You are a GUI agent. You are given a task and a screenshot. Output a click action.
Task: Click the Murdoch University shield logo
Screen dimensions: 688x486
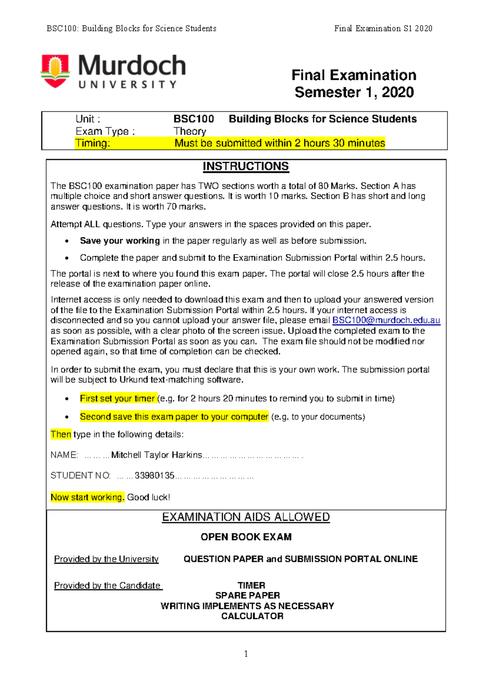coord(55,71)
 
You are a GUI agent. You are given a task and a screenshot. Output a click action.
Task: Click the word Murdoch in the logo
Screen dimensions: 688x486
coord(132,66)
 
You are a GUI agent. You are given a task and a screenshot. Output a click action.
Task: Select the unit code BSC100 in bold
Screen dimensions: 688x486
coord(194,119)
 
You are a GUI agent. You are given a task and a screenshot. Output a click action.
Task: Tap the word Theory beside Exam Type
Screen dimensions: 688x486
coord(190,131)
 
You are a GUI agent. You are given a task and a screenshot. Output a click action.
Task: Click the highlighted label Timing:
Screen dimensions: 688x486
coord(92,143)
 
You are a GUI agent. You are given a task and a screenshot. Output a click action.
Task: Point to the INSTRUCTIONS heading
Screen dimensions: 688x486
coord(245,167)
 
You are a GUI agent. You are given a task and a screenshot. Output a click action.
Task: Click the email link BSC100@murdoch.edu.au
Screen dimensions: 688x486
coord(386,320)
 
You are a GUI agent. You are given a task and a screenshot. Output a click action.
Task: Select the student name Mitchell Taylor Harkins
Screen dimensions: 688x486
coord(156,455)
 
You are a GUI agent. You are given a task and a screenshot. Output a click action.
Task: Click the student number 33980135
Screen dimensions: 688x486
coord(154,475)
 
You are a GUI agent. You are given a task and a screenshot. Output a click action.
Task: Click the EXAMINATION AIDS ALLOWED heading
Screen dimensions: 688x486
coord(246,517)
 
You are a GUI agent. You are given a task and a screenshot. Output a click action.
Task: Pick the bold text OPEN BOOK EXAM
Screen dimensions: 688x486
coord(246,537)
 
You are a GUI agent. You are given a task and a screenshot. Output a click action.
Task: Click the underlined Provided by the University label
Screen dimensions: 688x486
coord(107,559)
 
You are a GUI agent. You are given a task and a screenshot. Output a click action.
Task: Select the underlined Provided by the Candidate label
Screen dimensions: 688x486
coord(108,585)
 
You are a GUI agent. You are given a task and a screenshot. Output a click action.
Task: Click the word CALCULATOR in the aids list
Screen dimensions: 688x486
coord(252,616)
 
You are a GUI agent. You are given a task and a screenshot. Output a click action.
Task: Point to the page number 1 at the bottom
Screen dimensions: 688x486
coord(246,654)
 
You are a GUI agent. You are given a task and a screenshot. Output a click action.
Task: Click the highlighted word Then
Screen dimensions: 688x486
coord(61,434)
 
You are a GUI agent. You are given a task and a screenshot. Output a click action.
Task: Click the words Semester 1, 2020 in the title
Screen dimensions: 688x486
coord(354,92)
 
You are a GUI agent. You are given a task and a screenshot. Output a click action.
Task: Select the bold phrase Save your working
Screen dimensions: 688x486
coord(120,241)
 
